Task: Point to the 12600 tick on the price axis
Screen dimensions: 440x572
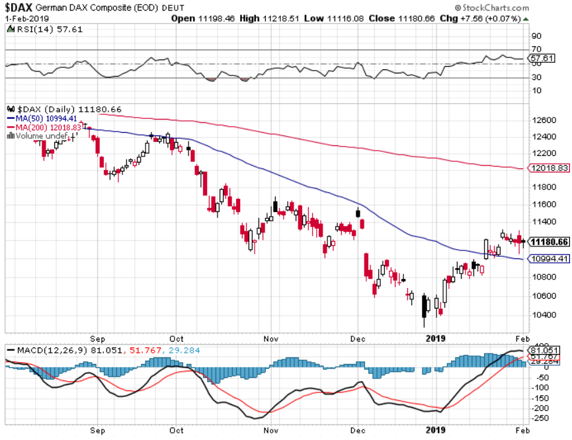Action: point(542,120)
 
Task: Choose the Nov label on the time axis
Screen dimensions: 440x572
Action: point(271,338)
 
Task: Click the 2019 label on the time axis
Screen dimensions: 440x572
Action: point(434,338)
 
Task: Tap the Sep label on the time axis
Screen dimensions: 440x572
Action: point(99,338)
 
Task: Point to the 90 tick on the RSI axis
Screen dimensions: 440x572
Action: point(537,36)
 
